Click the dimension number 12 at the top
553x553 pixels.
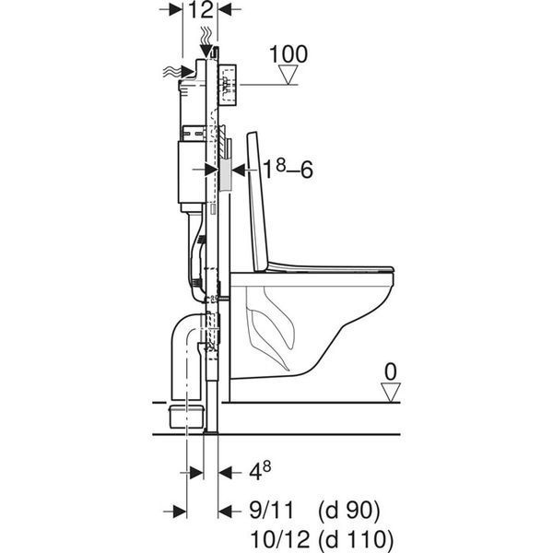coord(202,9)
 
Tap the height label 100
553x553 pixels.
coord(288,54)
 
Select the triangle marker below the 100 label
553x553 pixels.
coord(288,75)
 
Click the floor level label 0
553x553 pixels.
coord(391,371)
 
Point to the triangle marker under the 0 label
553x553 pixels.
coord(391,393)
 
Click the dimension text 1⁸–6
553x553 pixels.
coord(288,170)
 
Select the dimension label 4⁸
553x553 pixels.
coord(260,471)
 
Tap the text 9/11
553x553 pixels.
coord(271,511)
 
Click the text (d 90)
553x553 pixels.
coord(348,511)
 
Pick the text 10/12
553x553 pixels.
coord(279,539)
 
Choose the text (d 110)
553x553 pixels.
coord(355,540)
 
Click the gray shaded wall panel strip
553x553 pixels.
coord(225,174)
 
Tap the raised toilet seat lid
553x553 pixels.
coord(258,202)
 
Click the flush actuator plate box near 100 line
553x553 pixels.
coord(227,85)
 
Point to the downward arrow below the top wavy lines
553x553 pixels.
coord(206,51)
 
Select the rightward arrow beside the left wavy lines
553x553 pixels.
coord(187,72)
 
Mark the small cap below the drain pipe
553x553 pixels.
coord(188,417)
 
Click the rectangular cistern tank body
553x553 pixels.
coord(192,172)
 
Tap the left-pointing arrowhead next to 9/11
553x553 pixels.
coord(225,511)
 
